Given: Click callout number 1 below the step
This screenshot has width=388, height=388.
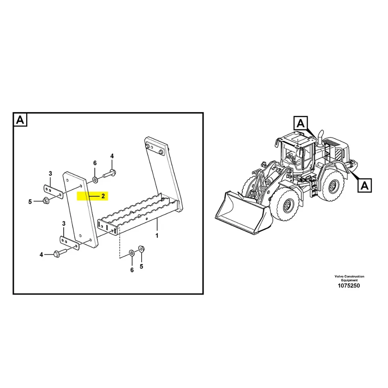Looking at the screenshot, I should pyautogui.click(x=157, y=236).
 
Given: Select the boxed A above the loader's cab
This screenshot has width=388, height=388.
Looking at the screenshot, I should pyautogui.click(x=300, y=124).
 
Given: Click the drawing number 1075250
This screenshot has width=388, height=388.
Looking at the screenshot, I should pyautogui.click(x=349, y=286).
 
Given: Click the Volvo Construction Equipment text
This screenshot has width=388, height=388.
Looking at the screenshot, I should pyautogui.click(x=349, y=278).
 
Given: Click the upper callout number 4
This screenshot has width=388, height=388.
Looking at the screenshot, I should pyautogui.click(x=112, y=156).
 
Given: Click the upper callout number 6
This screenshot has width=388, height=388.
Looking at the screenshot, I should pyautogui.click(x=95, y=163).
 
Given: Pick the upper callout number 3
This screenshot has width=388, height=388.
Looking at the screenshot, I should pyautogui.click(x=50, y=174).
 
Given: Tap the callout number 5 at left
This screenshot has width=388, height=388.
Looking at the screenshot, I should pyautogui.click(x=30, y=202).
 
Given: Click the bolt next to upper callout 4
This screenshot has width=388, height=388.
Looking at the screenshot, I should pyautogui.click(x=109, y=174).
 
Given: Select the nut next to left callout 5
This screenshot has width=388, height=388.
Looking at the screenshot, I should pyautogui.click(x=45, y=200).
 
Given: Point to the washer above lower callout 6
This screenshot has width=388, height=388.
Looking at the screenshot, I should pyautogui.click(x=131, y=253).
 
